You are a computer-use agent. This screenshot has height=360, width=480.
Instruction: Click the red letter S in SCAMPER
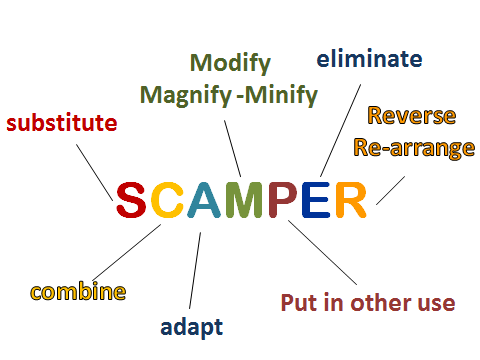(x=131, y=201)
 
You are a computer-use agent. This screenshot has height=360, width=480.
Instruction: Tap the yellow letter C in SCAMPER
(x=167, y=201)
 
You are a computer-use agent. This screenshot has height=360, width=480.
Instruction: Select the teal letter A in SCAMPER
(x=204, y=201)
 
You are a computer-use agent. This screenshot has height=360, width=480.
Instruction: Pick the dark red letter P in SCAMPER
(x=284, y=201)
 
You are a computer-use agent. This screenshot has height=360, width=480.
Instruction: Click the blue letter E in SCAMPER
(x=316, y=201)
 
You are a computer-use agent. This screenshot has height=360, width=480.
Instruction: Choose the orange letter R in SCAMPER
(x=351, y=201)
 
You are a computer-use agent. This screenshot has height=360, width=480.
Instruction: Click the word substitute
(x=62, y=124)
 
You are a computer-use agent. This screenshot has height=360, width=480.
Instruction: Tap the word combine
(x=78, y=292)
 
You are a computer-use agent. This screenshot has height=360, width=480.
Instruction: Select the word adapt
(x=191, y=326)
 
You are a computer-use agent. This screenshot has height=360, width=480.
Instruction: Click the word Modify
(x=230, y=64)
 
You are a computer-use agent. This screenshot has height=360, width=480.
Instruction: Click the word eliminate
(x=369, y=58)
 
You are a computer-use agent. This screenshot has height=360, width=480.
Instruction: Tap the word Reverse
(x=412, y=116)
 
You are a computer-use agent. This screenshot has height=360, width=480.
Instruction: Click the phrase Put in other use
(x=368, y=302)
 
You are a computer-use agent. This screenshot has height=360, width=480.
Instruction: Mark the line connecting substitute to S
(x=99, y=170)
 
